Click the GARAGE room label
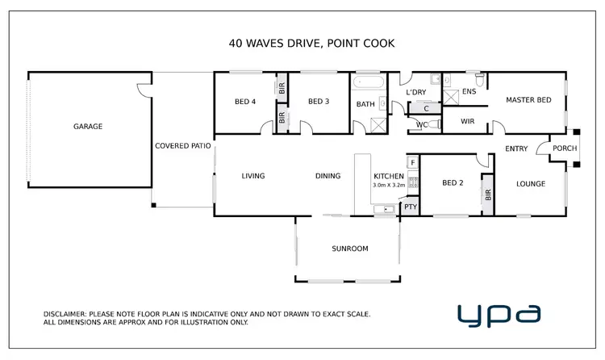pos(88,126)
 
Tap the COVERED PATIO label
pos(183,146)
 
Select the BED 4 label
pos(245,101)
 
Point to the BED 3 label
pos(319,101)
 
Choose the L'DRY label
pos(415,93)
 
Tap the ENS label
pos(469,92)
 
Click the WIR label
pos(467,121)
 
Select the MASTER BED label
pos(528,100)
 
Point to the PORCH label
pos(564,148)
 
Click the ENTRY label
pos(516,149)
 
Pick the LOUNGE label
pos(531,184)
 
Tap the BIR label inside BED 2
pos(488,196)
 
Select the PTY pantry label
pos(411,207)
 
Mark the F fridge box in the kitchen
pos(412,163)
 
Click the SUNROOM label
pos(349,249)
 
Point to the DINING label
pos(328,176)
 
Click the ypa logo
pos(499,314)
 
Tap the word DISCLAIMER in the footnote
pos(66,314)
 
